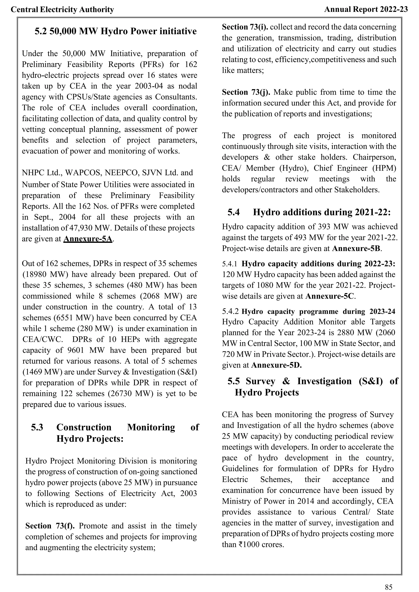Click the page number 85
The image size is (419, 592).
coord(389,587)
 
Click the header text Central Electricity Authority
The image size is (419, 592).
coord(62,10)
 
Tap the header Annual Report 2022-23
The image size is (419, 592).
coord(366,10)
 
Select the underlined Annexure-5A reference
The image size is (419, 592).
coord(88,239)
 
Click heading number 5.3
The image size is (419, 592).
coord(37,427)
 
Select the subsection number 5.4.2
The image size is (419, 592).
coord(230,312)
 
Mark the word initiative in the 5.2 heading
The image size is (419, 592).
coord(178,31)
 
